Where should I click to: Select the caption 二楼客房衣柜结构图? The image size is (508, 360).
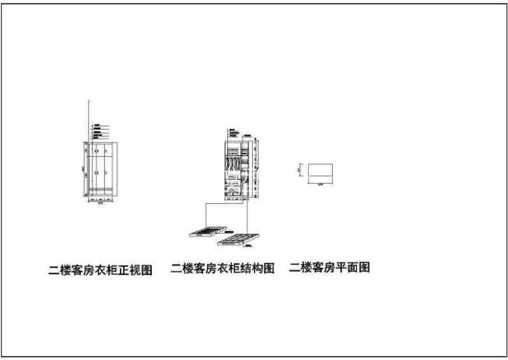tap(222, 268)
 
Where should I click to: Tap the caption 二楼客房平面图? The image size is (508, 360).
tap(330, 268)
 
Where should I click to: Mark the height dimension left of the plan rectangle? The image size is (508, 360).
tap(300, 170)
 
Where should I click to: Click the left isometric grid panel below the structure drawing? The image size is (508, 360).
tap(206, 231)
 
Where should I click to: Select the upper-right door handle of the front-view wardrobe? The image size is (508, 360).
tap(105, 152)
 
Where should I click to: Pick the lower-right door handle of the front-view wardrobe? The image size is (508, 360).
tap(105, 173)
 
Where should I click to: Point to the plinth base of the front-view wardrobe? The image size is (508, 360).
tap(100, 193)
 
